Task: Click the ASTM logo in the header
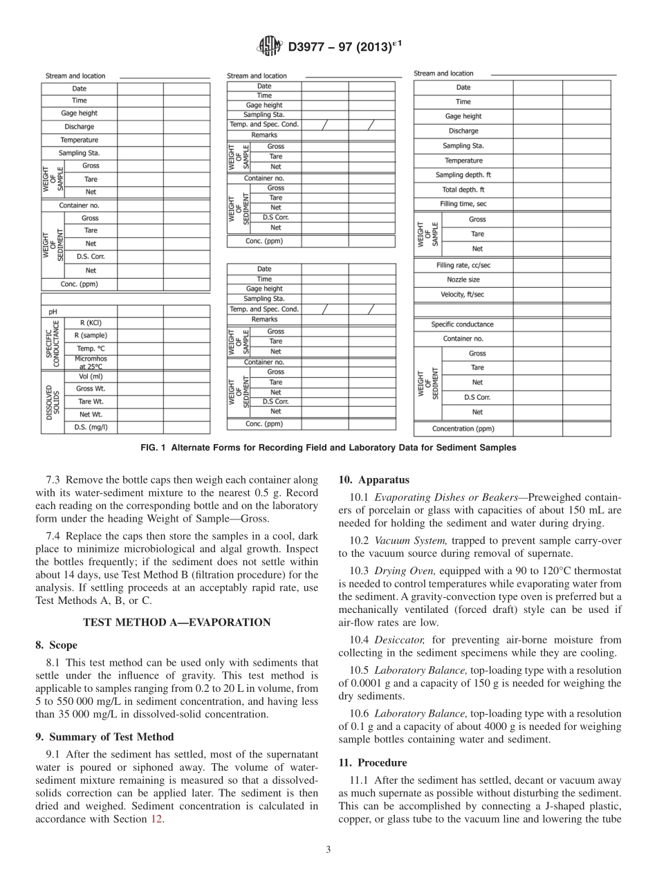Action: point(269,46)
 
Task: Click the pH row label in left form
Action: point(53,311)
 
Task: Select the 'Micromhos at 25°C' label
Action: point(90,363)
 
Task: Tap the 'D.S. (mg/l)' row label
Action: point(90,427)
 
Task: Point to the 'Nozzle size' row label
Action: point(463,279)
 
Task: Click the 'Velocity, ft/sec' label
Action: point(463,294)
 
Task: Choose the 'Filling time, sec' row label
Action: point(463,204)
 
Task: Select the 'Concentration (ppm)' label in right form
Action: point(463,429)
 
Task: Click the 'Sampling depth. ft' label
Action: point(463,175)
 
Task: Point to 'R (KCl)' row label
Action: point(90,323)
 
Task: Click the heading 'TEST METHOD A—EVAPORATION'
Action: point(176,622)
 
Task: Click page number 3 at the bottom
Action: point(328,850)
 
